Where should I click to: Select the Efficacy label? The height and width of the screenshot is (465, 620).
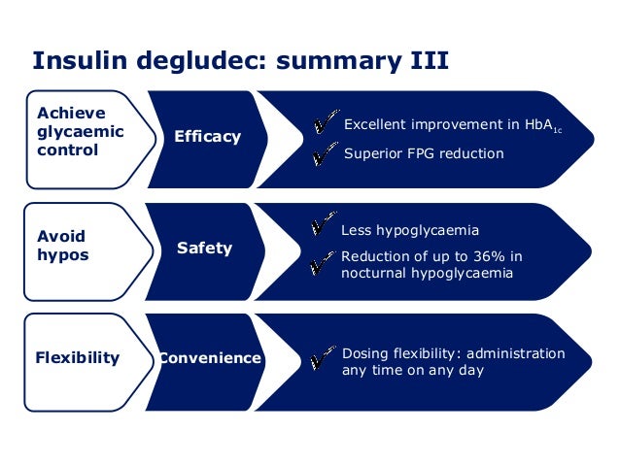point(207,137)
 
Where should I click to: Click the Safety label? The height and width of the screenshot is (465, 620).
point(204,248)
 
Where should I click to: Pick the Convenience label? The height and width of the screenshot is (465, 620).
point(211,358)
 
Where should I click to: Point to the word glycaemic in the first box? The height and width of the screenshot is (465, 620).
point(81,132)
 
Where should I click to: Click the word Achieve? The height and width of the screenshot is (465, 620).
point(71,114)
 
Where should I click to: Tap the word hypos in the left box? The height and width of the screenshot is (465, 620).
point(62,255)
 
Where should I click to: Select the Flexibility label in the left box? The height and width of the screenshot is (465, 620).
point(78,357)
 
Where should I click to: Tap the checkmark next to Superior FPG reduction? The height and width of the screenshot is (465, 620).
point(326,154)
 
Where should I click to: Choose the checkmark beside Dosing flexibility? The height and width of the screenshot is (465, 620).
point(322,360)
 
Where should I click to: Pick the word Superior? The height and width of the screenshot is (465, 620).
point(374,153)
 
